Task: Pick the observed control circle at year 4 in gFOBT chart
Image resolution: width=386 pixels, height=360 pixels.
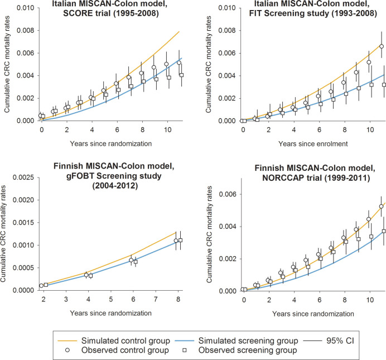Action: [x=86, y=275]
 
